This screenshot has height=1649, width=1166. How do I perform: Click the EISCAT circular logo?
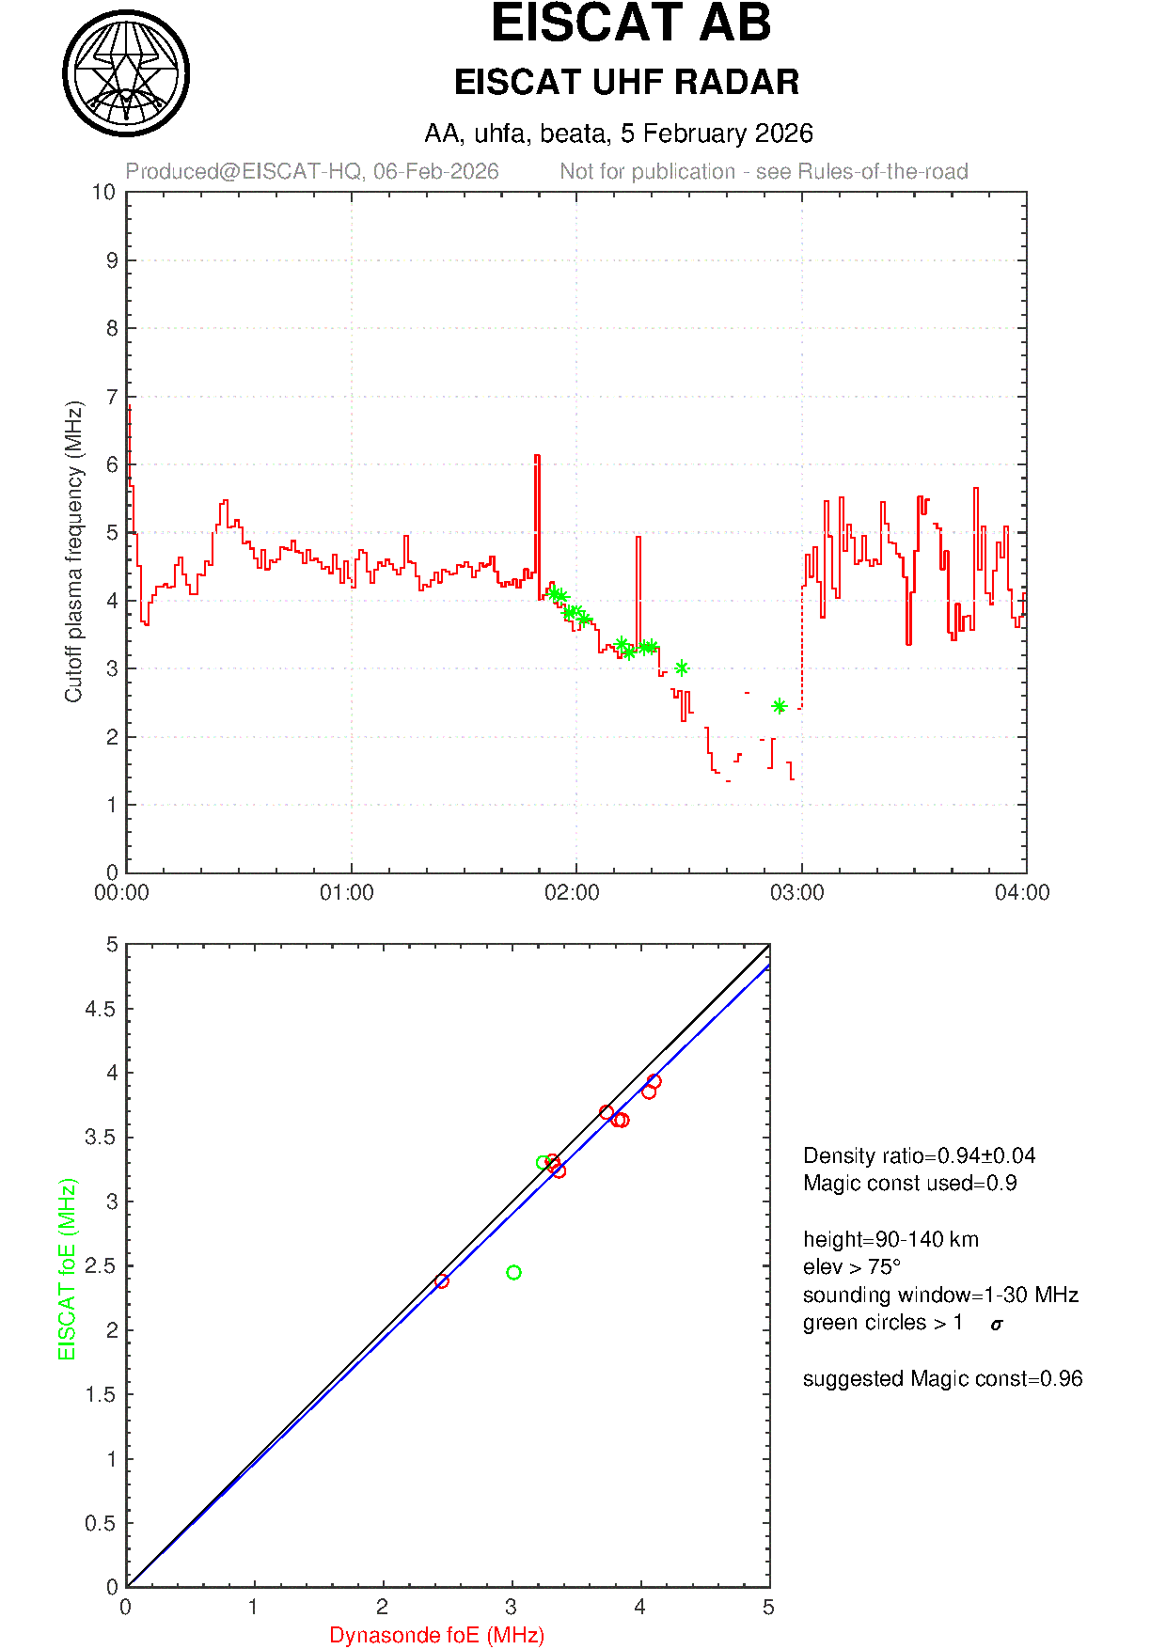[126, 73]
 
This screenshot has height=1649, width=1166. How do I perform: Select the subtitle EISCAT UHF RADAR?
[626, 83]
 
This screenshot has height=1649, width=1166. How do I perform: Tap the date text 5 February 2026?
[717, 133]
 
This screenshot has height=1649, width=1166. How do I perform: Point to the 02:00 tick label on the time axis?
[572, 893]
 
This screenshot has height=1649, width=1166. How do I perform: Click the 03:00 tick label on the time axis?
[797, 893]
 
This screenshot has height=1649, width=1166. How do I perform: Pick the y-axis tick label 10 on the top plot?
[104, 193]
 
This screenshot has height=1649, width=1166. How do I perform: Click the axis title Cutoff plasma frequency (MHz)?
[74, 552]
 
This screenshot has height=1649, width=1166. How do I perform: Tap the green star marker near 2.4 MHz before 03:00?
[779, 706]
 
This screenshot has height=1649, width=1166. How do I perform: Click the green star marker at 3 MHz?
[682, 668]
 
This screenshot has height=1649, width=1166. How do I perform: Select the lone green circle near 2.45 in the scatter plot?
[513, 1273]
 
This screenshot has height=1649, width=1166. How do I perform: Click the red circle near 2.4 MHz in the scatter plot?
[442, 1281]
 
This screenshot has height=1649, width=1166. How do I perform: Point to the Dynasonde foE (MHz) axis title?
[437, 1636]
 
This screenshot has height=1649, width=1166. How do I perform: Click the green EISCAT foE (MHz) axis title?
[67, 1269]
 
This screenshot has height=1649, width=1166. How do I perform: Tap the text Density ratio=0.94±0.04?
[919, 1155]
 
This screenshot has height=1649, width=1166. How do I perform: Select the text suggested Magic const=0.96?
[942, 1379]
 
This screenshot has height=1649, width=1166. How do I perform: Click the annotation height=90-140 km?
[890, 1239]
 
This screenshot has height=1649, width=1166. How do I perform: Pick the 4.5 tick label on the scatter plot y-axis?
[102, 1010]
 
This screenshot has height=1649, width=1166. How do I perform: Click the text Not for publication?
[648, 172]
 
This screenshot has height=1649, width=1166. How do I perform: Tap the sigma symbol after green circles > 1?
[997, 1325]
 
